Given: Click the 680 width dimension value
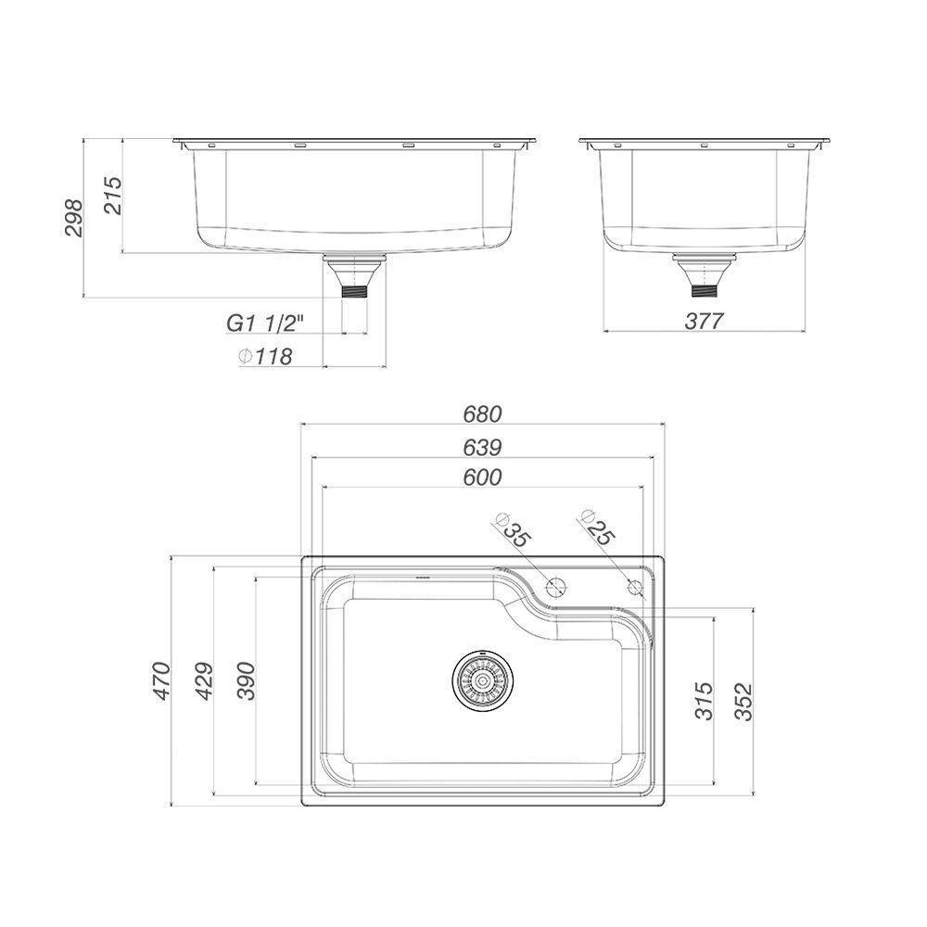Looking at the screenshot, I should [x=482, y=413].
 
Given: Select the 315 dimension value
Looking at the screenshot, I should [x=704, y=701].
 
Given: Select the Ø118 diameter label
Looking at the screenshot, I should [x=266, y=356].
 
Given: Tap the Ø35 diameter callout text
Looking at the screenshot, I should [x=513, y=529].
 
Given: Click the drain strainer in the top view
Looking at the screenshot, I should [x=481, y=679].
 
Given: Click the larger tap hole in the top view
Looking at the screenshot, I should [x=556, y=586].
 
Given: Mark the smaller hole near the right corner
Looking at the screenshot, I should [x=635, y=586].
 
